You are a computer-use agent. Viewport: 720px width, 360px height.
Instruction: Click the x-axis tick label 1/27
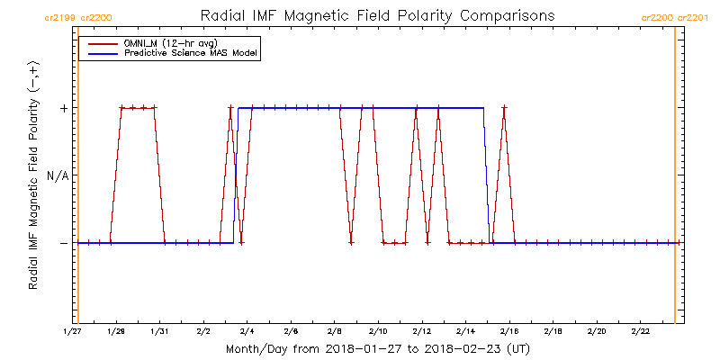pyautogui.click(x=73, y=331)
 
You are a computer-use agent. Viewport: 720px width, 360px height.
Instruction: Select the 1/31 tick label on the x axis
pyautogui.click(x=160, y=331)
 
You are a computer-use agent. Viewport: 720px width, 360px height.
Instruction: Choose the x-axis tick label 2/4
pyautogui.click(x=247, y=331)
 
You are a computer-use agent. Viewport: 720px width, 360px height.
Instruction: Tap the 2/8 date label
pyautogui.click(x=335, y=331)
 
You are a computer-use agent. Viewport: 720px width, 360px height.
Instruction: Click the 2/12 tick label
pyautogui.click(x=422, y=331)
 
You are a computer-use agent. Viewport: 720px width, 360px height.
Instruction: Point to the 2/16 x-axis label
pyautogui.click(x=509, y=331)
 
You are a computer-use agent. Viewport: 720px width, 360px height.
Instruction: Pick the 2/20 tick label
pyautogui.click(x=597, y=331)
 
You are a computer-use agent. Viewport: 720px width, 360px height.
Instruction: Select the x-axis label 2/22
pyautogui.click(x=640, y=331)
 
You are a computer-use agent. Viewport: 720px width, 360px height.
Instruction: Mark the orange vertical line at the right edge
pyautogui.click(x=675, y=180)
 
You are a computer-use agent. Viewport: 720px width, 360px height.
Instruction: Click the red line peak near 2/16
pyautogui.click(x=504, y=108)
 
